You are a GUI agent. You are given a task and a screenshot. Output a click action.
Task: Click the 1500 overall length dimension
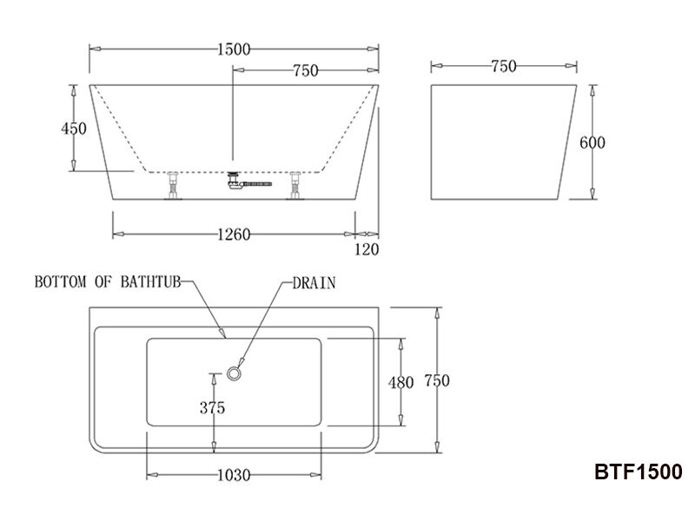tap(234, 49)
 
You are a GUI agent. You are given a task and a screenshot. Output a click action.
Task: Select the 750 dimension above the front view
tap(305, 71)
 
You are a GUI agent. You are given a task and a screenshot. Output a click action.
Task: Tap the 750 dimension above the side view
tap(504, 65)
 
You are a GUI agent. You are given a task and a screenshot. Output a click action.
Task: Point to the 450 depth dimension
tap(74, 129)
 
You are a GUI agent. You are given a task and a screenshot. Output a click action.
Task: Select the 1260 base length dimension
tap(234, 234)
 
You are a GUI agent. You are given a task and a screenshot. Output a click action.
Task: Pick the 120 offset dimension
tap(368, 250)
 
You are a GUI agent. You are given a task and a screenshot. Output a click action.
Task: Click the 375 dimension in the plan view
tap(212, 406)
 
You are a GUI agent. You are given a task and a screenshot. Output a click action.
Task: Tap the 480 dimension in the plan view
tap(400, 382)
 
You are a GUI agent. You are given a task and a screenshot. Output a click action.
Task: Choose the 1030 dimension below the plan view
tap(233, 475)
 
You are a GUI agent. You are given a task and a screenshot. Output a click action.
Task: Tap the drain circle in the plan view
tap(235, 373)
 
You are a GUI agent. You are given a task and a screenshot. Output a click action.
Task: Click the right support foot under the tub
tap(296, 186)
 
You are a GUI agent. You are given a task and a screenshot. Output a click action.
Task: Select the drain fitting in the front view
tap(235, 181)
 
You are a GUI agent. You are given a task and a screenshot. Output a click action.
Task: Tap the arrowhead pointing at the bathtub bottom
tap(222, 333)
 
